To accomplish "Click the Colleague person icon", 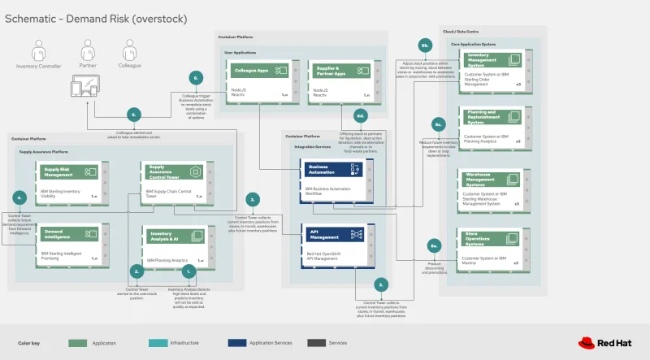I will (x=128, y=50).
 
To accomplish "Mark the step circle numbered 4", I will (x=19, y=197).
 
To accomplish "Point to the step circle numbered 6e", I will (x=435, y=245).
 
